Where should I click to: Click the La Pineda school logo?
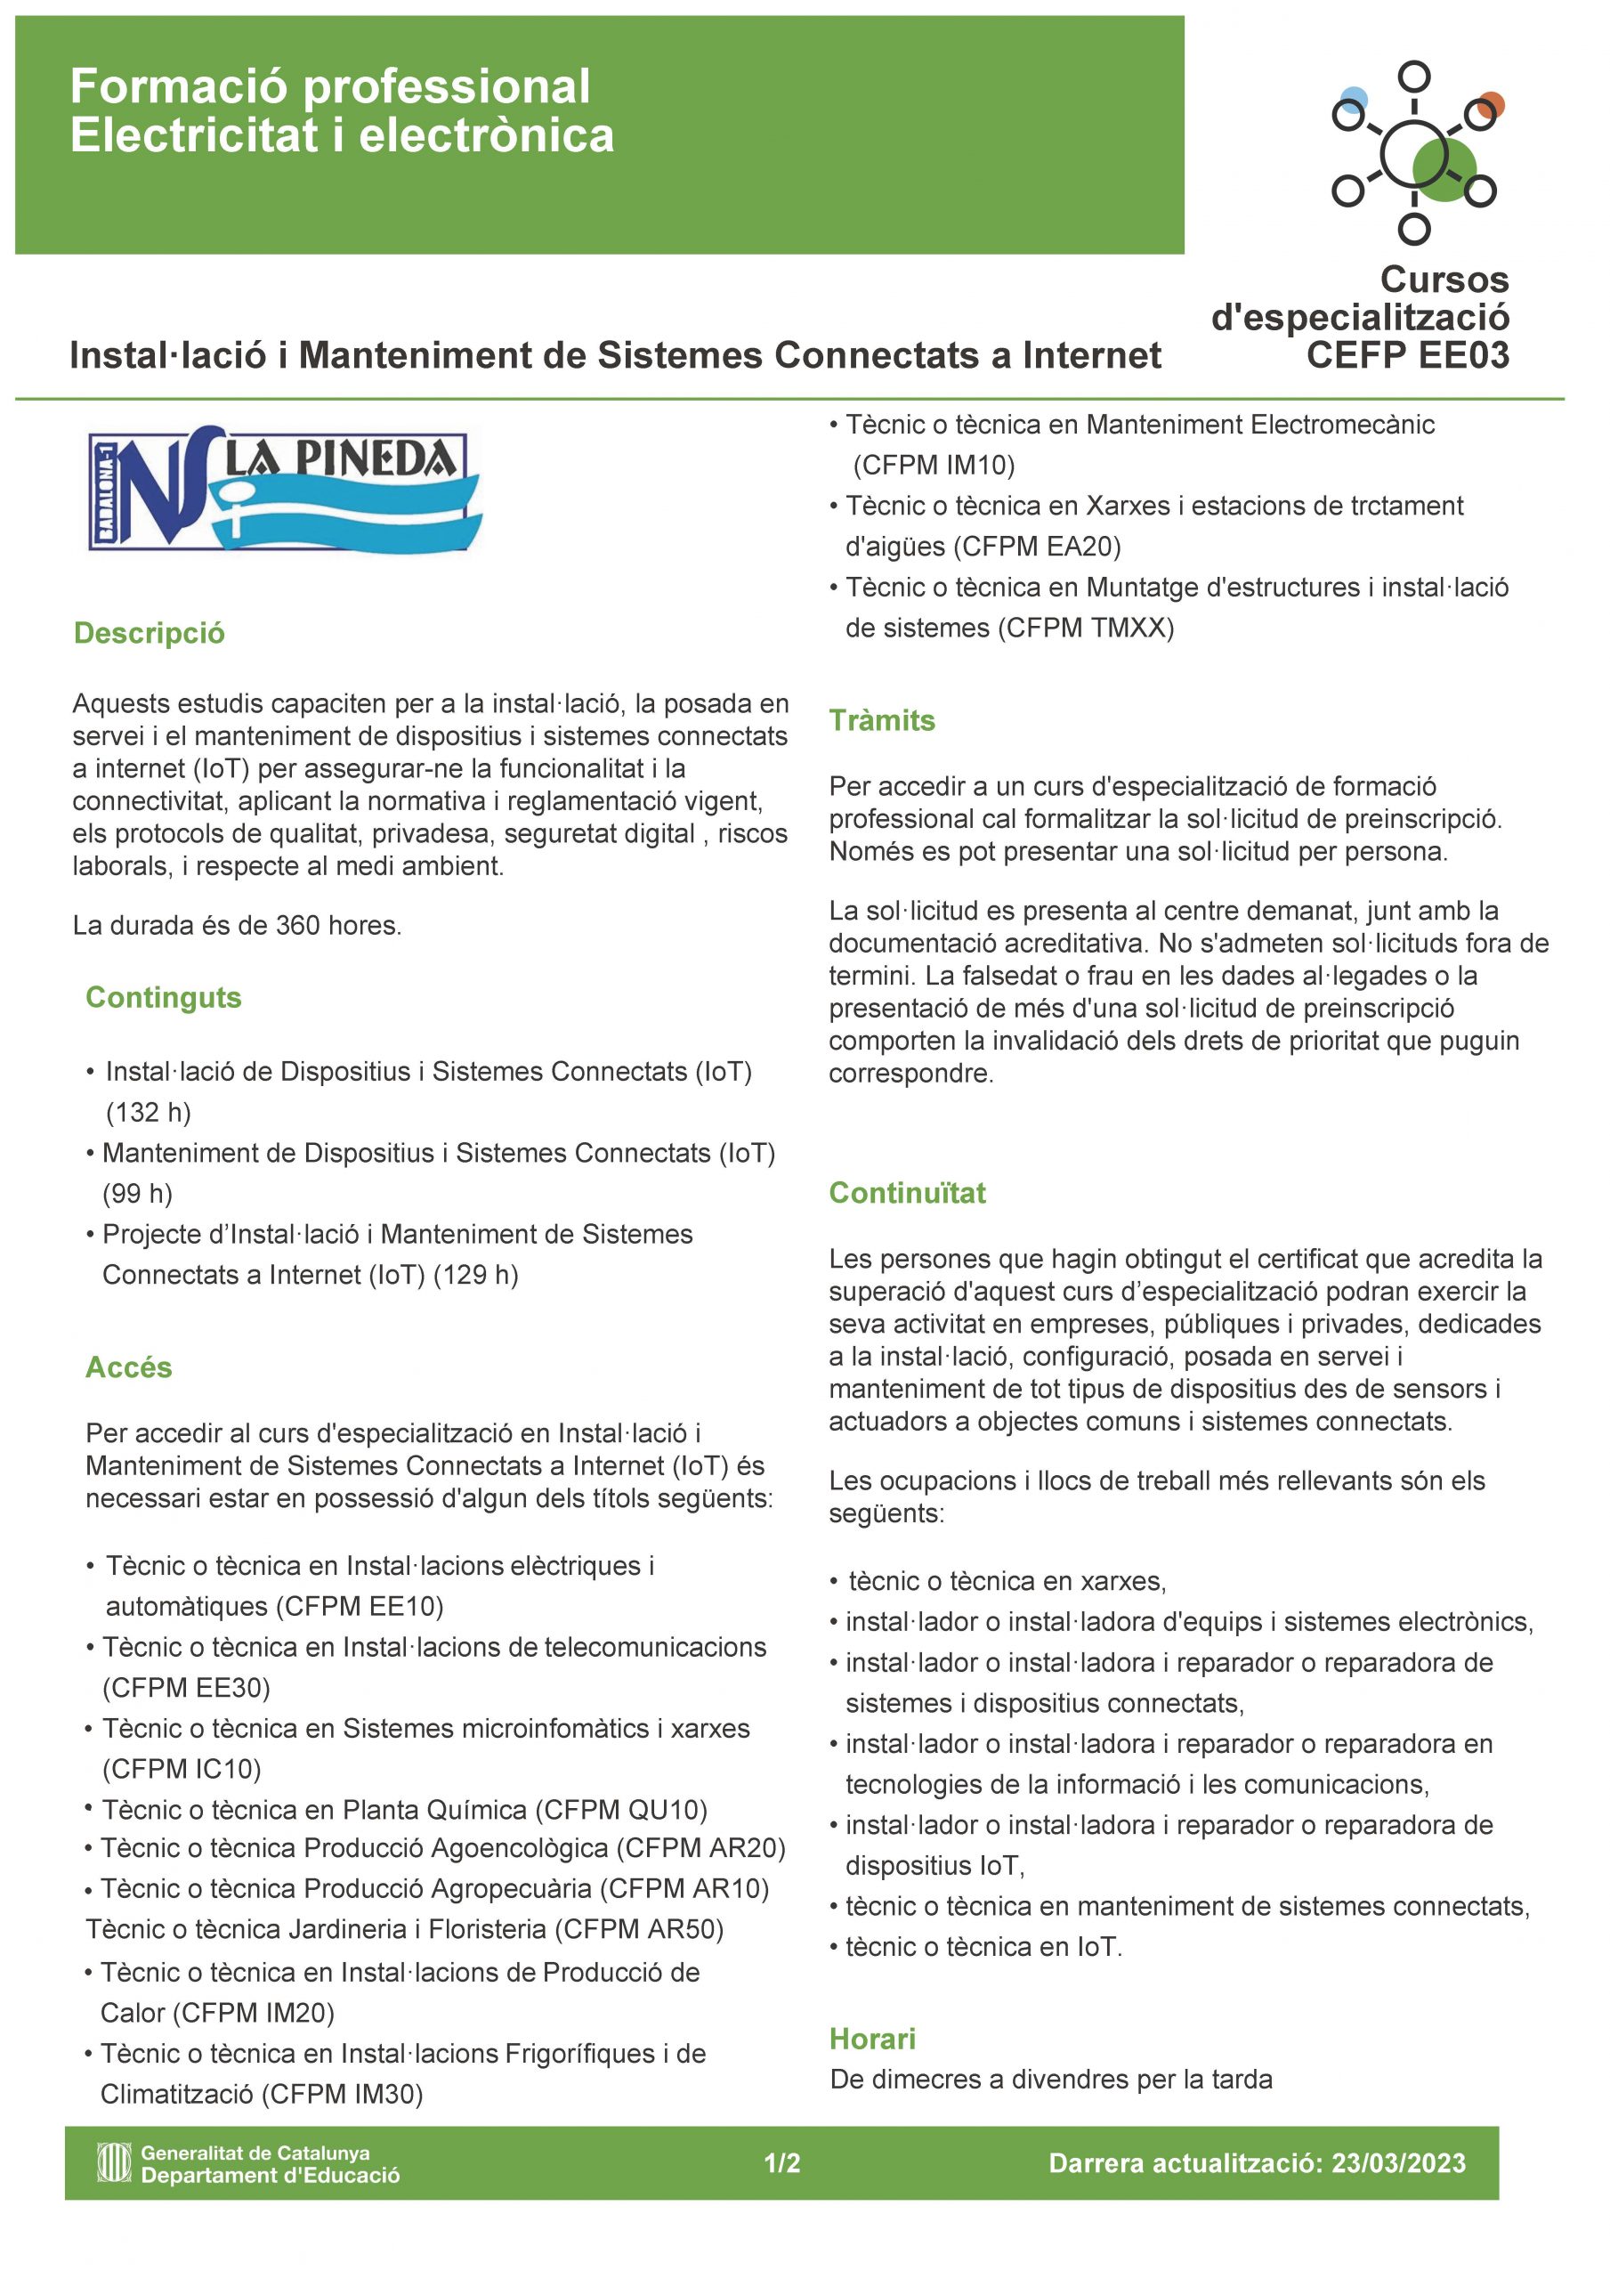284,489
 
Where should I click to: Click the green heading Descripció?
149,633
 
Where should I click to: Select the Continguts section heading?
163,998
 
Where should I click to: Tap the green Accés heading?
128,1367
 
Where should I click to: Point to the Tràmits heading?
881,720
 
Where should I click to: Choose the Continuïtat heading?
906,1193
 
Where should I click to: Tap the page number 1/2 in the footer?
781,2164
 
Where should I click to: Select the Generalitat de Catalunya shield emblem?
113,2163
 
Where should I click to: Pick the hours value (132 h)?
148,1113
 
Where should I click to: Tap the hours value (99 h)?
137,1194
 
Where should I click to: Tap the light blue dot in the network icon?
1354,99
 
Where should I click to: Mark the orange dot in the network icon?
1491,103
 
